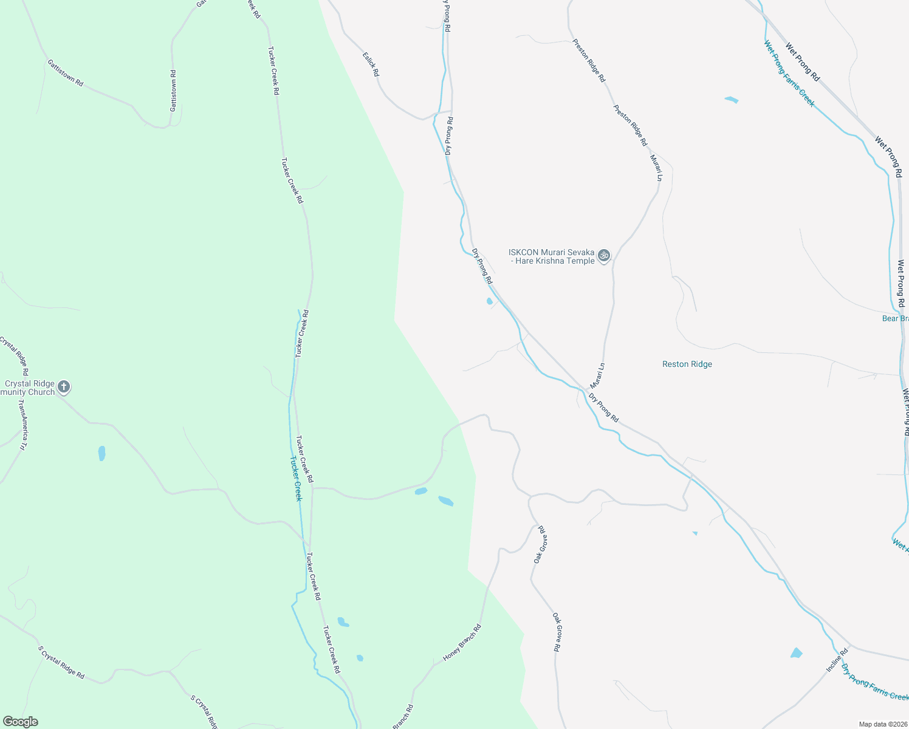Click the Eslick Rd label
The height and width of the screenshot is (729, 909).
pos(371,64)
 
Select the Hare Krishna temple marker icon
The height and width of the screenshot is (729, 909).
pos(604,256)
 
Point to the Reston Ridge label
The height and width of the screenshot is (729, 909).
pos(687,364)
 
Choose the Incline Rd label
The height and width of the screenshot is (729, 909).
pos(837,660)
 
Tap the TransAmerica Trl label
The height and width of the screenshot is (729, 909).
pos(22,425)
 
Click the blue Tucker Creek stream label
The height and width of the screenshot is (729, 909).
pos(295,478)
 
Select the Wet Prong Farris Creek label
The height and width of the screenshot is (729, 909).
pos(789,74)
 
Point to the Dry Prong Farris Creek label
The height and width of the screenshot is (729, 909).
pos(874,682)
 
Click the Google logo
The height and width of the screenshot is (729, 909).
pos(20,722)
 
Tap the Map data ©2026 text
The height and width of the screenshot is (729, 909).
pos(882,724)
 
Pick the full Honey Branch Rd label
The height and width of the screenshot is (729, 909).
pos(462,643)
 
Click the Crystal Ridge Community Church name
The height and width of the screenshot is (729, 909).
pos(29,388)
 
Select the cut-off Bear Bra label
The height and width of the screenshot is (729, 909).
pos(895,318)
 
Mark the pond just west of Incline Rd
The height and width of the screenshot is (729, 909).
pos(796,653)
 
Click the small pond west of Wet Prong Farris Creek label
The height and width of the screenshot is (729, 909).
pos(732,100)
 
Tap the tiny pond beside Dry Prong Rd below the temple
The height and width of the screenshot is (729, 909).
pos(489,301)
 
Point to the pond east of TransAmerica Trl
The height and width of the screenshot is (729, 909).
pos(101,453)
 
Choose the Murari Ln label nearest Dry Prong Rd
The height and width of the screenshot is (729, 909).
pos(597,376)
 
